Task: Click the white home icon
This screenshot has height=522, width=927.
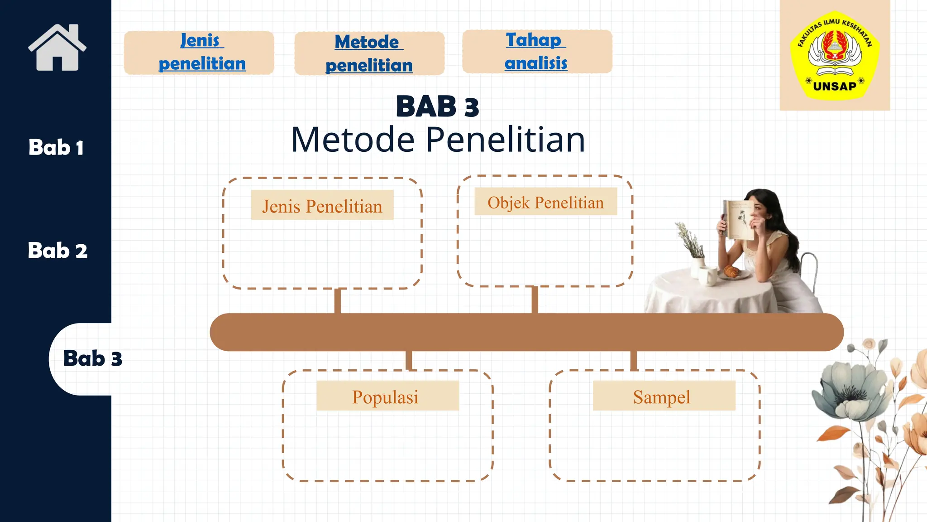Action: [57, 48]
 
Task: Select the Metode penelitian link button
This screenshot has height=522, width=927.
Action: [369, 53]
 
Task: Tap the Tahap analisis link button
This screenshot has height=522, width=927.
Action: [537, 52]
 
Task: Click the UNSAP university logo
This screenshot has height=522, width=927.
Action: [835, 55]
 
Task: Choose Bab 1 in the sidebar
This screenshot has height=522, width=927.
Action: [56, 148]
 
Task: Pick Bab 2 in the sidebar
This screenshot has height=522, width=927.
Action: [57, 251]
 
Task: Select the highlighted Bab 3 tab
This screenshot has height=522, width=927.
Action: [92, 358]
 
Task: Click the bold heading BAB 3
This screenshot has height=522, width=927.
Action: [437, 107]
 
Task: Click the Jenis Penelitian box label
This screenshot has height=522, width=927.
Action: [322, 206]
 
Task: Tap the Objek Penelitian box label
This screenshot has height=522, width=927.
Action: [545, 202]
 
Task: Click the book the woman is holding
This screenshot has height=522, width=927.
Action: [737, 220]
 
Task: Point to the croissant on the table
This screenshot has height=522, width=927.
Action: [731, 271]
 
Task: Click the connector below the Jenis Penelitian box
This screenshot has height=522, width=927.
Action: [338, 301]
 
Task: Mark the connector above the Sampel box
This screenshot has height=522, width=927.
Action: [633, 361]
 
